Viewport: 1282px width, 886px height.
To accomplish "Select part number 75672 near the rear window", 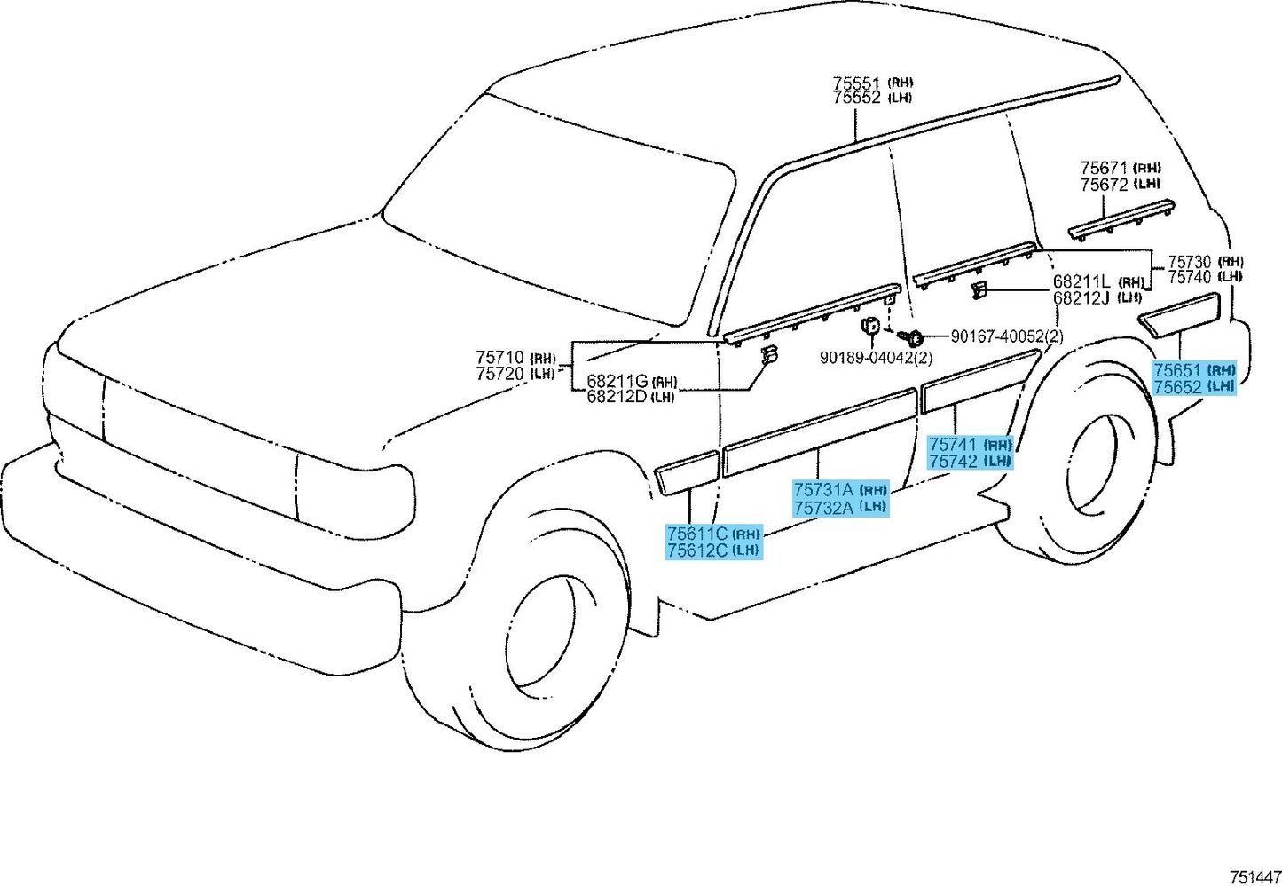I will (x=1104, y=185).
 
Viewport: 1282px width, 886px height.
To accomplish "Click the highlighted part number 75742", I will (x=953, y=461).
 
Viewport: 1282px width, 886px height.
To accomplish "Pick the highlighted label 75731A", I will (x=822, y=489).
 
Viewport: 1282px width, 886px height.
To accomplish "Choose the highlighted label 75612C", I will (x=696, y=550).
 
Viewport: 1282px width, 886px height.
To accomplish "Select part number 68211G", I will (x=617, y=381).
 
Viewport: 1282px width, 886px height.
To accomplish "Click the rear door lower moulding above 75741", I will (x=980, y=379).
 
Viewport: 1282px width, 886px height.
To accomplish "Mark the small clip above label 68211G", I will (x=768, y=356).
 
